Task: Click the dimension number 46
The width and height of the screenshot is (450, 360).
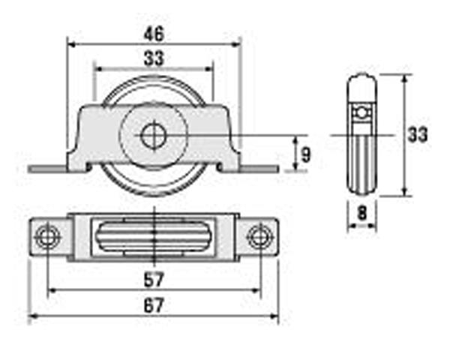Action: (154, 34)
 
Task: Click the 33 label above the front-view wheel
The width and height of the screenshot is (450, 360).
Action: (154, 58)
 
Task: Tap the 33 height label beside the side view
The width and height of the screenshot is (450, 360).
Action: (418, 135)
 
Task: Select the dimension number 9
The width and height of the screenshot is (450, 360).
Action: (306, 154)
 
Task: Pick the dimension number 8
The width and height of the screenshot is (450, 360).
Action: (362, 213)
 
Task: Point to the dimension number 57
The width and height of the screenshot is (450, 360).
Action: (154, 280)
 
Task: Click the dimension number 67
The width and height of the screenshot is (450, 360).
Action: (154, 305)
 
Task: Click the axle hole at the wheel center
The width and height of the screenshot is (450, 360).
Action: (154, 135)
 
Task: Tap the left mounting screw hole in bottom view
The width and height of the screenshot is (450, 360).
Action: (47, 237)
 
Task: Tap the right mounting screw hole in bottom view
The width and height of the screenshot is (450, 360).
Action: (260, 237)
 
